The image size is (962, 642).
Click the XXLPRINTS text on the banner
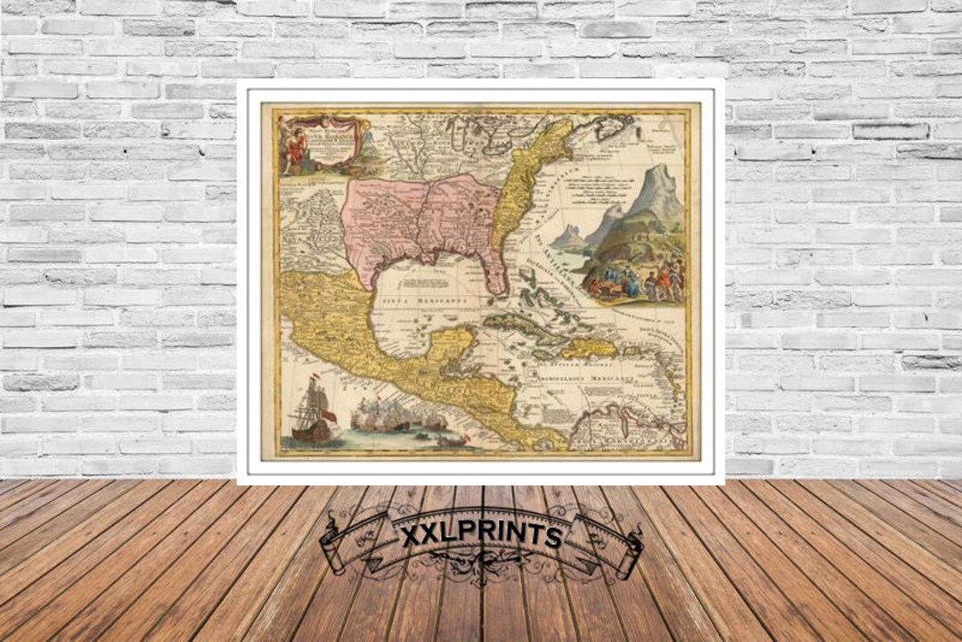481,535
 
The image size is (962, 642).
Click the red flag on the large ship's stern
329,416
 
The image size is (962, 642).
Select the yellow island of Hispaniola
588,347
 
